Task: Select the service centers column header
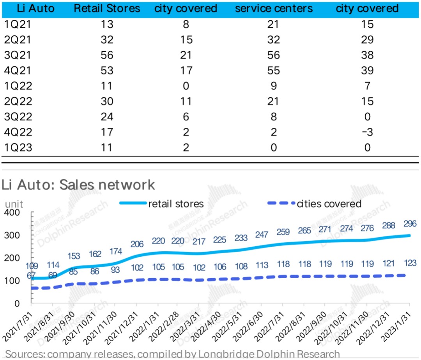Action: click(x=274, y=9)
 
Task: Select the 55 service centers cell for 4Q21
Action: click(x=274, y=71)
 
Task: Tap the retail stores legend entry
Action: click(x=175, y=203)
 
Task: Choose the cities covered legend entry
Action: click(x=329, y=203)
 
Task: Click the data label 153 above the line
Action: click(x=74, y=256)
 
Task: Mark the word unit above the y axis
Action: click(x=14, y=203)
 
